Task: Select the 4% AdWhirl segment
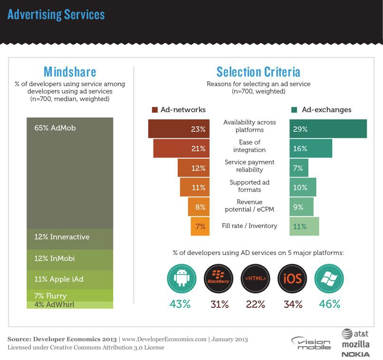[70, 305]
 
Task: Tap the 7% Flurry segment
[70, 295]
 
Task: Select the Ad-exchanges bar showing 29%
[328, 129]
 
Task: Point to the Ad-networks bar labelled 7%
[200, 226]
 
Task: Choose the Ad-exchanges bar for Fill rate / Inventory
[304, 226]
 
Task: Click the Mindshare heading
[70, 72]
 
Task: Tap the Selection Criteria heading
[258, 72]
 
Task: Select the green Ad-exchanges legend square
[294, 110]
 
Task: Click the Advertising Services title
[56, 14]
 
